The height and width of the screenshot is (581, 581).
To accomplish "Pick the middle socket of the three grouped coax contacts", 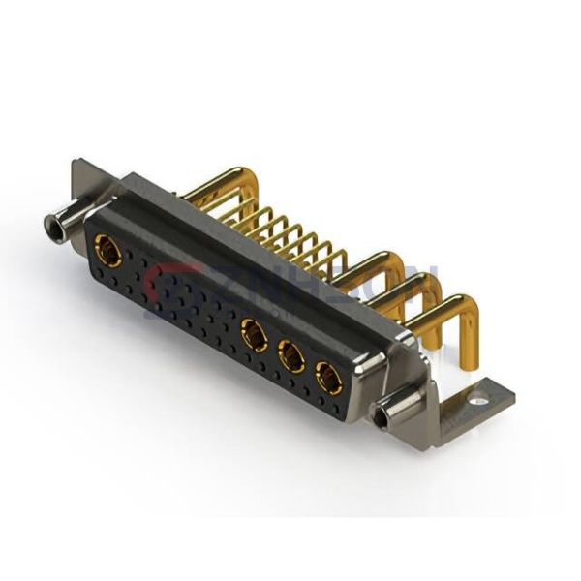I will tap(290, 357).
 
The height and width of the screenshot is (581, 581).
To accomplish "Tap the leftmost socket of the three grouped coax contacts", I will tap(254, 336).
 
